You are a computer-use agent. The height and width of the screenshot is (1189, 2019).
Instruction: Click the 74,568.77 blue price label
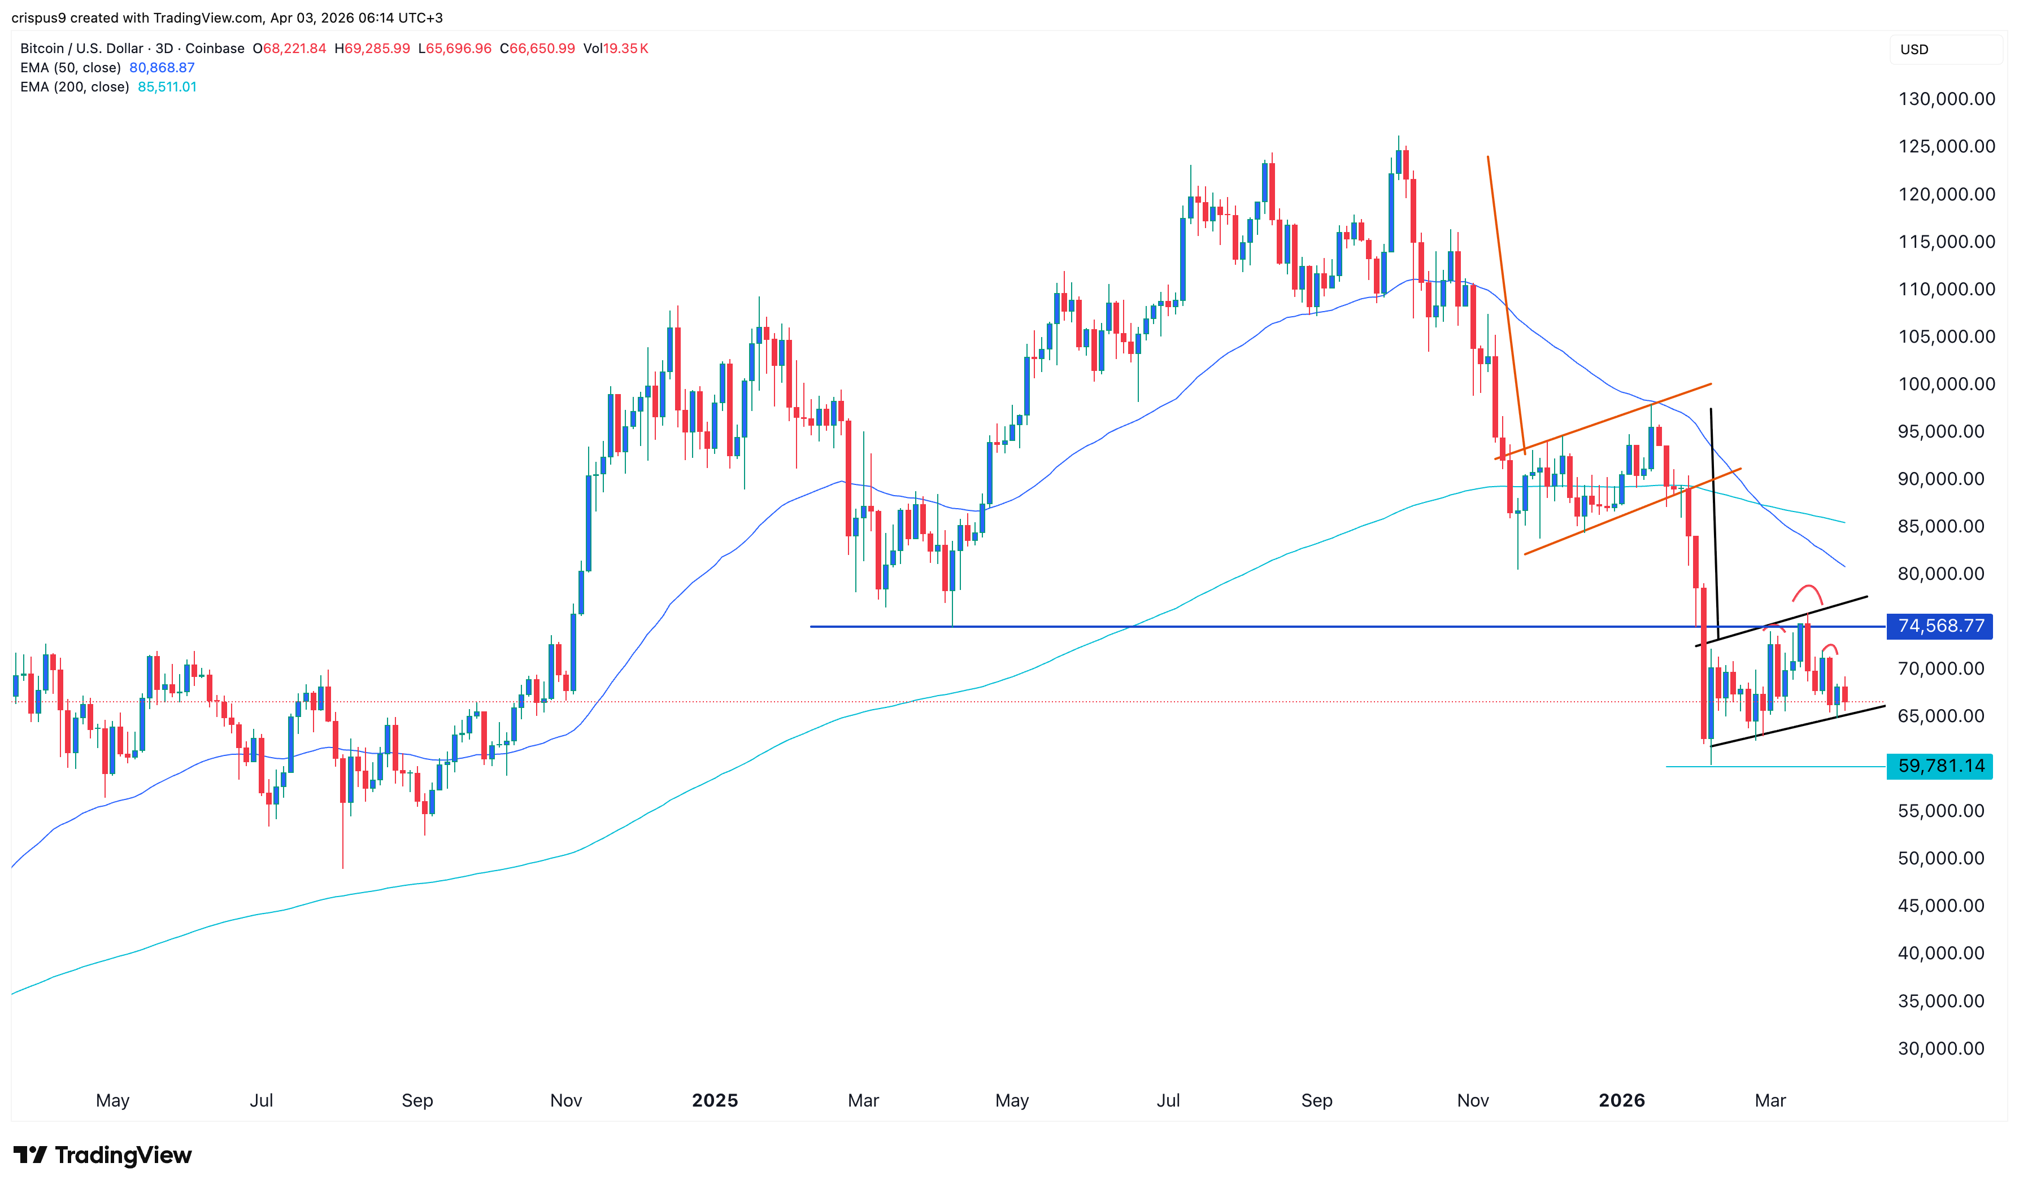1940,626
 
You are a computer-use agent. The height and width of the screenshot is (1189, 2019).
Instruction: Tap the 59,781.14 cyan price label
1940,766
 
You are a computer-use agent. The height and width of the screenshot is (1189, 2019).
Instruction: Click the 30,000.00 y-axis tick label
1940,1048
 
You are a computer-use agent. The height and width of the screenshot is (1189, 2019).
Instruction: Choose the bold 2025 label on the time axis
714,1100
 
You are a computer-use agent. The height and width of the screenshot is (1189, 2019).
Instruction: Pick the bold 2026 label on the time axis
1621,1100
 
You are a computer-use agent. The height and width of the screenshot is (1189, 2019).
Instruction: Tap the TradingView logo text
123,1155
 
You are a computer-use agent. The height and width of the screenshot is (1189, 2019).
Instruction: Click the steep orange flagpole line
1505,304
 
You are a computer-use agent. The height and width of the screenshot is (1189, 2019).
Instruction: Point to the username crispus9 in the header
38,18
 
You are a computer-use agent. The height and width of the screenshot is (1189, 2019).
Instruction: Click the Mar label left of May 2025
863,1100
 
